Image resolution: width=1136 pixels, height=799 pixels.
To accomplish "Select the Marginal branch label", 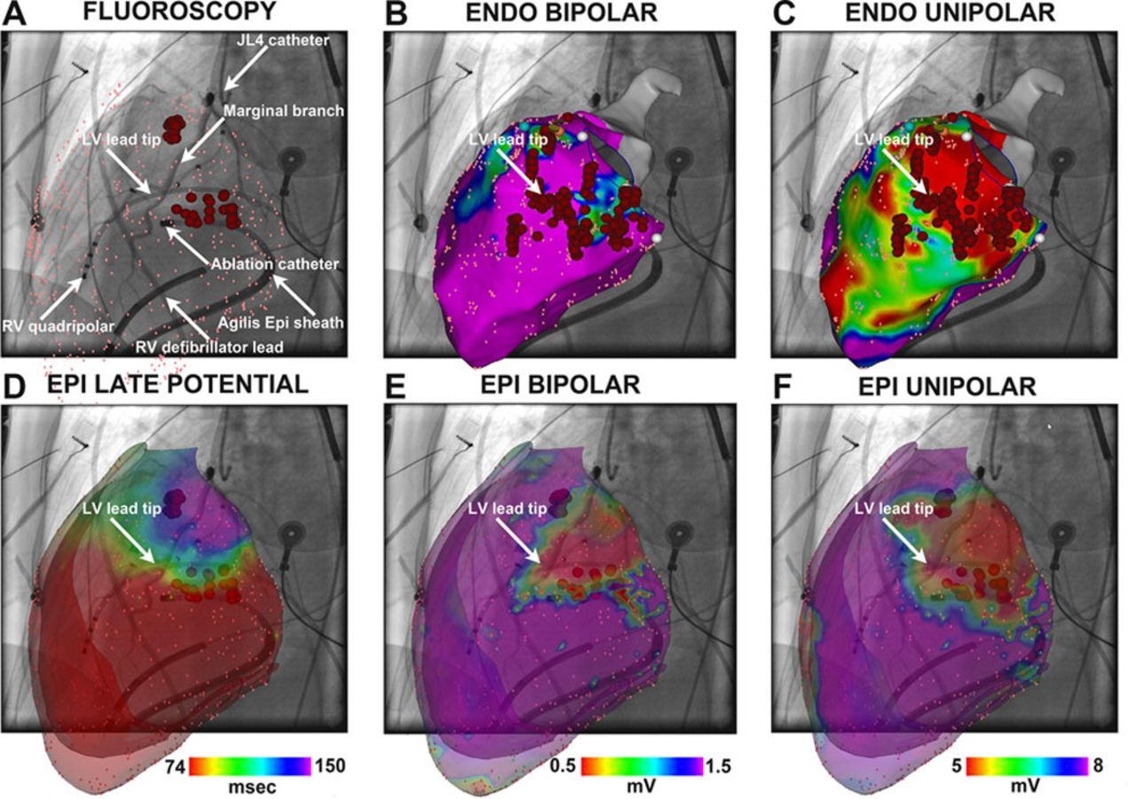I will pos(271,111).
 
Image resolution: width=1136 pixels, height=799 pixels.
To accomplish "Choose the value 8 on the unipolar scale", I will pos(1099,766).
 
